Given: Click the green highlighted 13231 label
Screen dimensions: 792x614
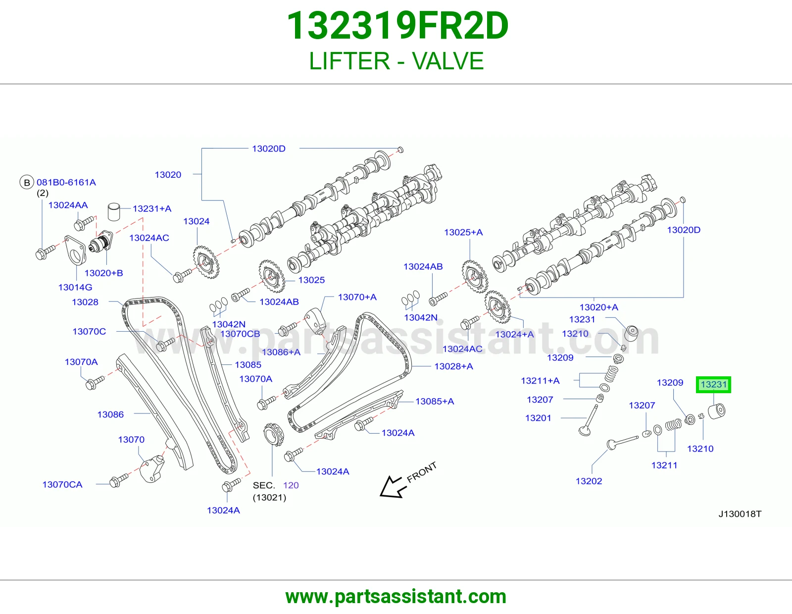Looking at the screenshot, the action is point(713,384).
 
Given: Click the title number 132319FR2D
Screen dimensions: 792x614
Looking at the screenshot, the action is point(397,26).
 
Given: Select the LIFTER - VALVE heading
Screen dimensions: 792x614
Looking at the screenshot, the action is point(396,61).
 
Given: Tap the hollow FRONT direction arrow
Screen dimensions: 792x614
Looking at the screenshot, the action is point(391,487).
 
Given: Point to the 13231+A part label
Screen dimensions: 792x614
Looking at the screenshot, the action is point(151,208).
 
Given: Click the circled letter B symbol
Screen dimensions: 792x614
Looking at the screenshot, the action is point(27,182).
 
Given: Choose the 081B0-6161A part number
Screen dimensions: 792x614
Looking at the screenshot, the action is point(66,182).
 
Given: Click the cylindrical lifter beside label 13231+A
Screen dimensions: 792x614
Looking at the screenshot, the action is point(114,212).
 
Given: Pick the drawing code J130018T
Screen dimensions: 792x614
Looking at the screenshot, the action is point(740,514).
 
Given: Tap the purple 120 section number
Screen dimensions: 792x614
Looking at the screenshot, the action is point(291,485).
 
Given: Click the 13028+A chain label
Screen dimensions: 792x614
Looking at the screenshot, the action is point(453,366).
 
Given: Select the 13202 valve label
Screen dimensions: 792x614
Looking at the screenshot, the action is point(589,481).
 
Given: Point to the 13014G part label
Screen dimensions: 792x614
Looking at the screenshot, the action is point(75,287).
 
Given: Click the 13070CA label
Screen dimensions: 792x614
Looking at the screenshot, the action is point(62,485).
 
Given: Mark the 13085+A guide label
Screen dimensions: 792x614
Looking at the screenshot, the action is point(435,402).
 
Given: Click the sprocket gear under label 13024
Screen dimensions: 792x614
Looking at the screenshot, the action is point(206,262).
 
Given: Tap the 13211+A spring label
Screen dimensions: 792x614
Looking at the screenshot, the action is point(540,381).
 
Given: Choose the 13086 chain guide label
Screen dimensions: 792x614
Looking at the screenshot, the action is point(110,414).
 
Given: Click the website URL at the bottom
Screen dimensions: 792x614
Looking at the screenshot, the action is point(396,597).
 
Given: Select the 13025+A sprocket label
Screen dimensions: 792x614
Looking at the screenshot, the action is point(463,232).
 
